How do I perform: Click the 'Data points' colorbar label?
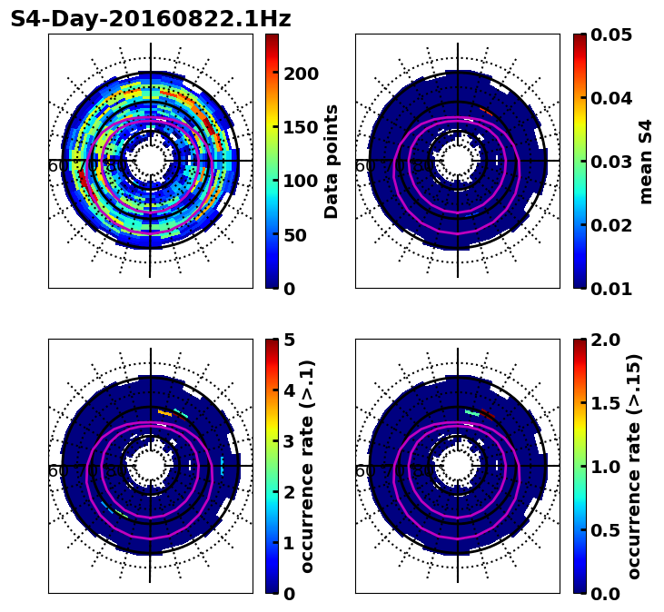tap(332, 161)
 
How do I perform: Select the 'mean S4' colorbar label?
tap(646, 161)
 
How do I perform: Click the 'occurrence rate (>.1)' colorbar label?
tap(307, 466)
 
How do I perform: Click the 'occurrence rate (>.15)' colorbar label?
tap(634, 466)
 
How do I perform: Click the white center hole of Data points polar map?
tap(151, 162)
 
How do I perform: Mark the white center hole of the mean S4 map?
tap(458, 162)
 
